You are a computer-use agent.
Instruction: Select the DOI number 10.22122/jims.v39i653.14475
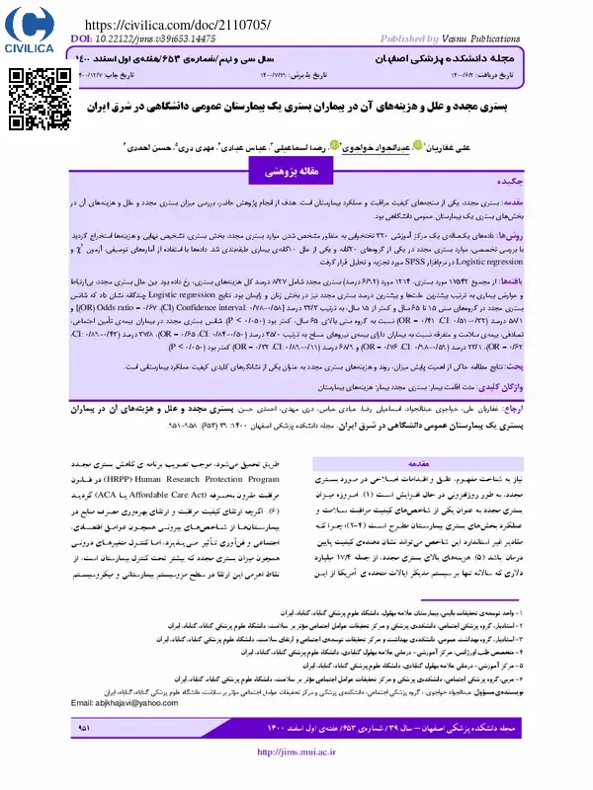tap(159, 39)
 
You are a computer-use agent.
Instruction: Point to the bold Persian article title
tap(296, 106)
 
